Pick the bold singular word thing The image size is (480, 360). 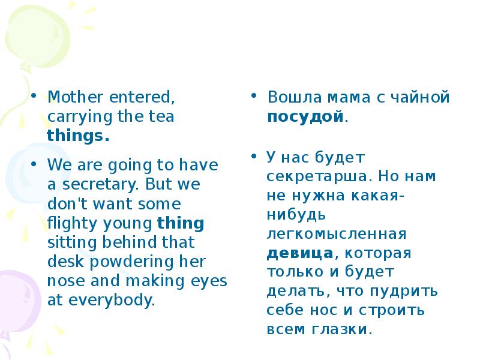pyautogui.click(x=181, y=223)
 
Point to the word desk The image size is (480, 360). pyautogui.click(x=62, y=262)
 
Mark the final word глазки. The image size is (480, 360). pyautogui.click(x=346, y=329)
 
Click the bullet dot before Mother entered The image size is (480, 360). pyautogui.click(x=35, y=97)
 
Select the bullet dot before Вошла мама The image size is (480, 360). pyautogui.click(x=254, y=97)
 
